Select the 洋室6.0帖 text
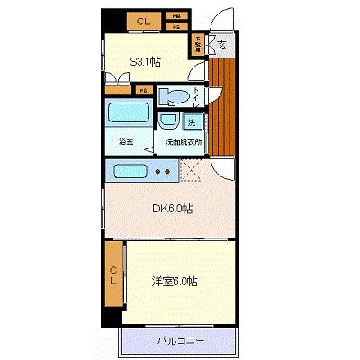click(175, 281)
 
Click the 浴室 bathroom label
click(126, 141)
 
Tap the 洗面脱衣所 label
click(182, 141)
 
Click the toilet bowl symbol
click(174, 98)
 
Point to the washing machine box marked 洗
click(191, 121)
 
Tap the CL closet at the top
click(142, 20)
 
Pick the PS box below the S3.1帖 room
click(143, 89)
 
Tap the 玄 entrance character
click(222, 42)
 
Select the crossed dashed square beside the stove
click(192, 169)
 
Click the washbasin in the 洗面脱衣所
click(167, 121)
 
